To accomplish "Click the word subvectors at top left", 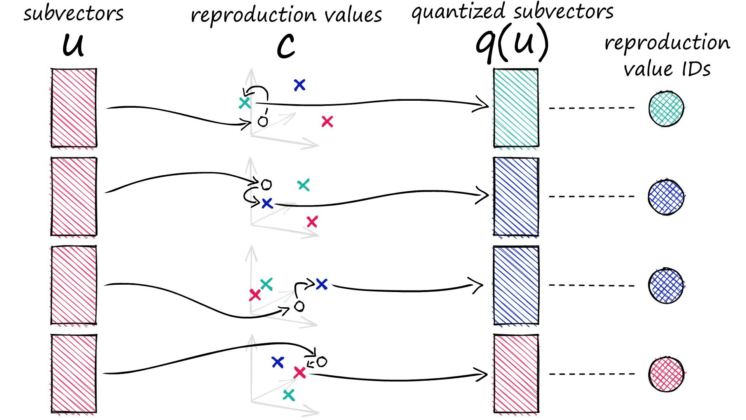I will pos(73,14).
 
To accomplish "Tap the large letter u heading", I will pos(73,45).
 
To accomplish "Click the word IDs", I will pos(696,69).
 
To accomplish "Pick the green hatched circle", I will pos(666,108).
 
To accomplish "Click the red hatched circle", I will pos(666,374).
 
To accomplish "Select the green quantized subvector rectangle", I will pos(516,108).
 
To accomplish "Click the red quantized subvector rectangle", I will pos(516,373).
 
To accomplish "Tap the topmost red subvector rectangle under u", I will pos(74,108).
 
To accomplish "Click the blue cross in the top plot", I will pos(300,85).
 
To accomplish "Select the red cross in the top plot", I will pos(327,122).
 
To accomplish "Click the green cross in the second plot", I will pos(303,185).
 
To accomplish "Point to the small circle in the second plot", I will pos(266,184).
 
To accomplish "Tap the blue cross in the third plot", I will pos(322,284).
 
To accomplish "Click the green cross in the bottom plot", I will pos(289,395).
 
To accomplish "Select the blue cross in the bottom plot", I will pos(277,362).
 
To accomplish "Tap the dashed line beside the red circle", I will pos(591,374).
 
